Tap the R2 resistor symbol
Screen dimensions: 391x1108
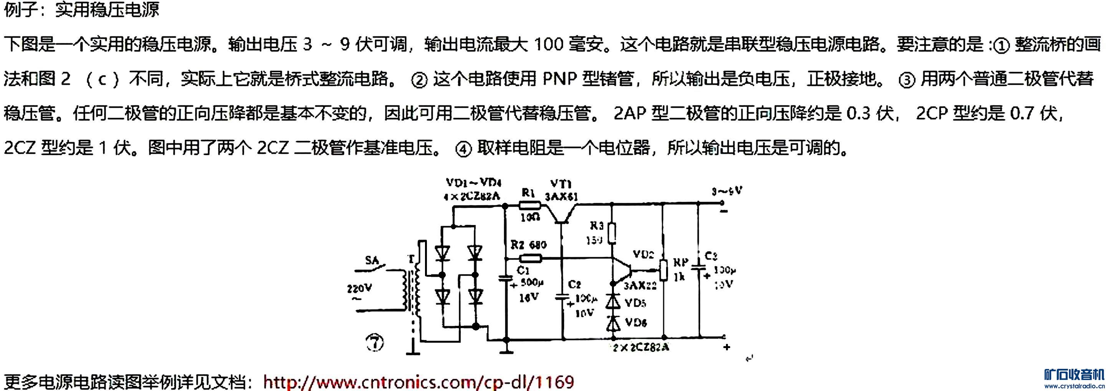tap(530, 258)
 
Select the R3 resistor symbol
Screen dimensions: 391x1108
tap(612, 234)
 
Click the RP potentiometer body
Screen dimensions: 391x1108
tap(664, 270)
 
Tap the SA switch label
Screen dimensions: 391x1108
tap(372, 260)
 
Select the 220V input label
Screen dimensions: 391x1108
tap(359, 288)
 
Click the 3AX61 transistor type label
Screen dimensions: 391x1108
tap(561, 197)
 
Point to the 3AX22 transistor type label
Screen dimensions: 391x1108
tap(640, 286)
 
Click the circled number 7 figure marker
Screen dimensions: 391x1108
tap(375, 342)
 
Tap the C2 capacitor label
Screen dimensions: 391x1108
tap(575, 284)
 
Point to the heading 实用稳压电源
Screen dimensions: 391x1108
tap(107, 10)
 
